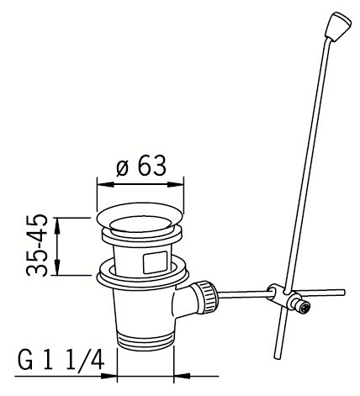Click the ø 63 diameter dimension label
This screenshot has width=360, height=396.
coord(141,166)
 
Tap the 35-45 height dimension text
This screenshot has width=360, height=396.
coord(37,246)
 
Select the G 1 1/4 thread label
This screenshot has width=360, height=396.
coord(61,359)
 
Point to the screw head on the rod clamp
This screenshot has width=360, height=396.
coord(305,307)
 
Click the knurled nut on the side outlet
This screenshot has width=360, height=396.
coord(208,297)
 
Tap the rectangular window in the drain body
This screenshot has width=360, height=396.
coord(156,262)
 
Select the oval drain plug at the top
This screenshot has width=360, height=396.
coord(140,217)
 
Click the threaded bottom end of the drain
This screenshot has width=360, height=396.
coord(145,340)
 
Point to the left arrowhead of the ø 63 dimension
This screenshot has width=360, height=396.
coord(105,185)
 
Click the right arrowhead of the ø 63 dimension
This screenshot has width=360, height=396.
coord(176,185)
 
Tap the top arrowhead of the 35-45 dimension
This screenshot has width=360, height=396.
coord(57,226)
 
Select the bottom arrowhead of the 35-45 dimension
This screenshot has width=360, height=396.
coord(57,267)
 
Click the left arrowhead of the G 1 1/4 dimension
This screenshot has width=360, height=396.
coord(109,376)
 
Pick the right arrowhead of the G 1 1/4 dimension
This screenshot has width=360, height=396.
coord(183,376)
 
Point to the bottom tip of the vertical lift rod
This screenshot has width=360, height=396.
coord(277,357)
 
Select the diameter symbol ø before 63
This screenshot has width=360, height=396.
coord(122,169)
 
